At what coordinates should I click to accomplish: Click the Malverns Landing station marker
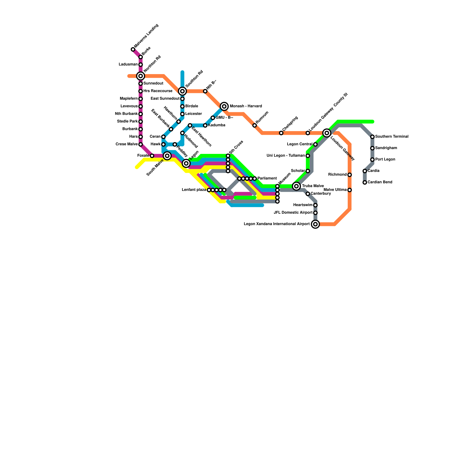point(133,50)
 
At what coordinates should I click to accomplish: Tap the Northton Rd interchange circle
point(141,76)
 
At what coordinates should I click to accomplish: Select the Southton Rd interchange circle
point(182,91)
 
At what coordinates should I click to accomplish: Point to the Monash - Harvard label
point(246,106)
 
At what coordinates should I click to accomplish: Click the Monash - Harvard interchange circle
point(224,106)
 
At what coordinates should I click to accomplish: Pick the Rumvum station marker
point(255,125)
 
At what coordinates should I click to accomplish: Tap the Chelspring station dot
point(281,133)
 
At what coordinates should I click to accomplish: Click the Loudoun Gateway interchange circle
point(327,133)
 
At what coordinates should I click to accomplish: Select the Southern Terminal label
point(392,137)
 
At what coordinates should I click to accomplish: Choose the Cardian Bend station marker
point(365,182)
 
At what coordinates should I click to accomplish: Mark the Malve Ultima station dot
point(350,190)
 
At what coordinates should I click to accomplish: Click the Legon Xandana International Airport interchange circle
point(315,224)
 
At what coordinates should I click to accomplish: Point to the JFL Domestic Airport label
point(293,213)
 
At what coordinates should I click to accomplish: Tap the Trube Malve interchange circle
point(297,186)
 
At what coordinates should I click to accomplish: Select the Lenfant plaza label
point(194,190)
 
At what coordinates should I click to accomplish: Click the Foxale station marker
point(152,156)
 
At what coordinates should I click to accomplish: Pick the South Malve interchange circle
point(167,156)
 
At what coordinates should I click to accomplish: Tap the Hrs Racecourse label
point(158,91)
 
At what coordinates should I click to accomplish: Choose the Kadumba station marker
point(205,125)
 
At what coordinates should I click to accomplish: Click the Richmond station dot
point(350,175)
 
